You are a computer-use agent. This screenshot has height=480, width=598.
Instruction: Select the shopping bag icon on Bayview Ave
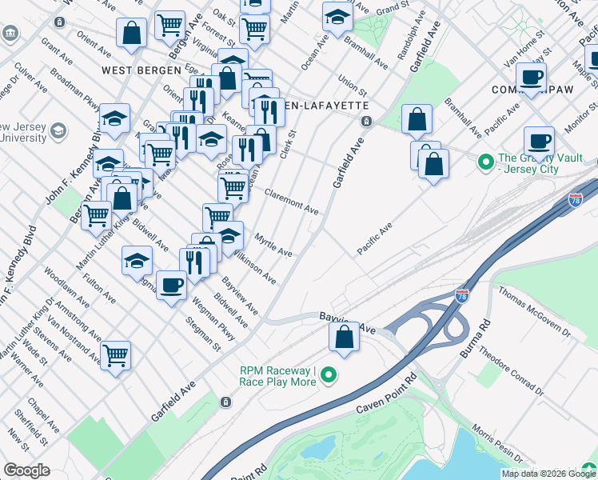(x=344, y=337)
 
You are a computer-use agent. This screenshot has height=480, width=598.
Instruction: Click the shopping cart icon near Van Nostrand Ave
(x=116, y=354)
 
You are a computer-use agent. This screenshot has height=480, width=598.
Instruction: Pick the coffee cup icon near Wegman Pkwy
(x=170, y=285)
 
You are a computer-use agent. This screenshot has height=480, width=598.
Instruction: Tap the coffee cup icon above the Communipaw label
(x=530, y=78)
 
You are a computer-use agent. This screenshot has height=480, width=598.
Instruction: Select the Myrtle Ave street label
(x=274, y=244)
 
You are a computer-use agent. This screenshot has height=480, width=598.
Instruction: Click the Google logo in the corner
(x=26, y=470)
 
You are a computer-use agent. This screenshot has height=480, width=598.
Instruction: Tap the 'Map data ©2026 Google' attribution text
(x=548, y=474)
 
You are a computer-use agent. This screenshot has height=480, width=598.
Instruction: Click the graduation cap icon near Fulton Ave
(x=137, y=260)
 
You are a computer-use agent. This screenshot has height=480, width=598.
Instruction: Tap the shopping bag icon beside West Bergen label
(x=130, y=34)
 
